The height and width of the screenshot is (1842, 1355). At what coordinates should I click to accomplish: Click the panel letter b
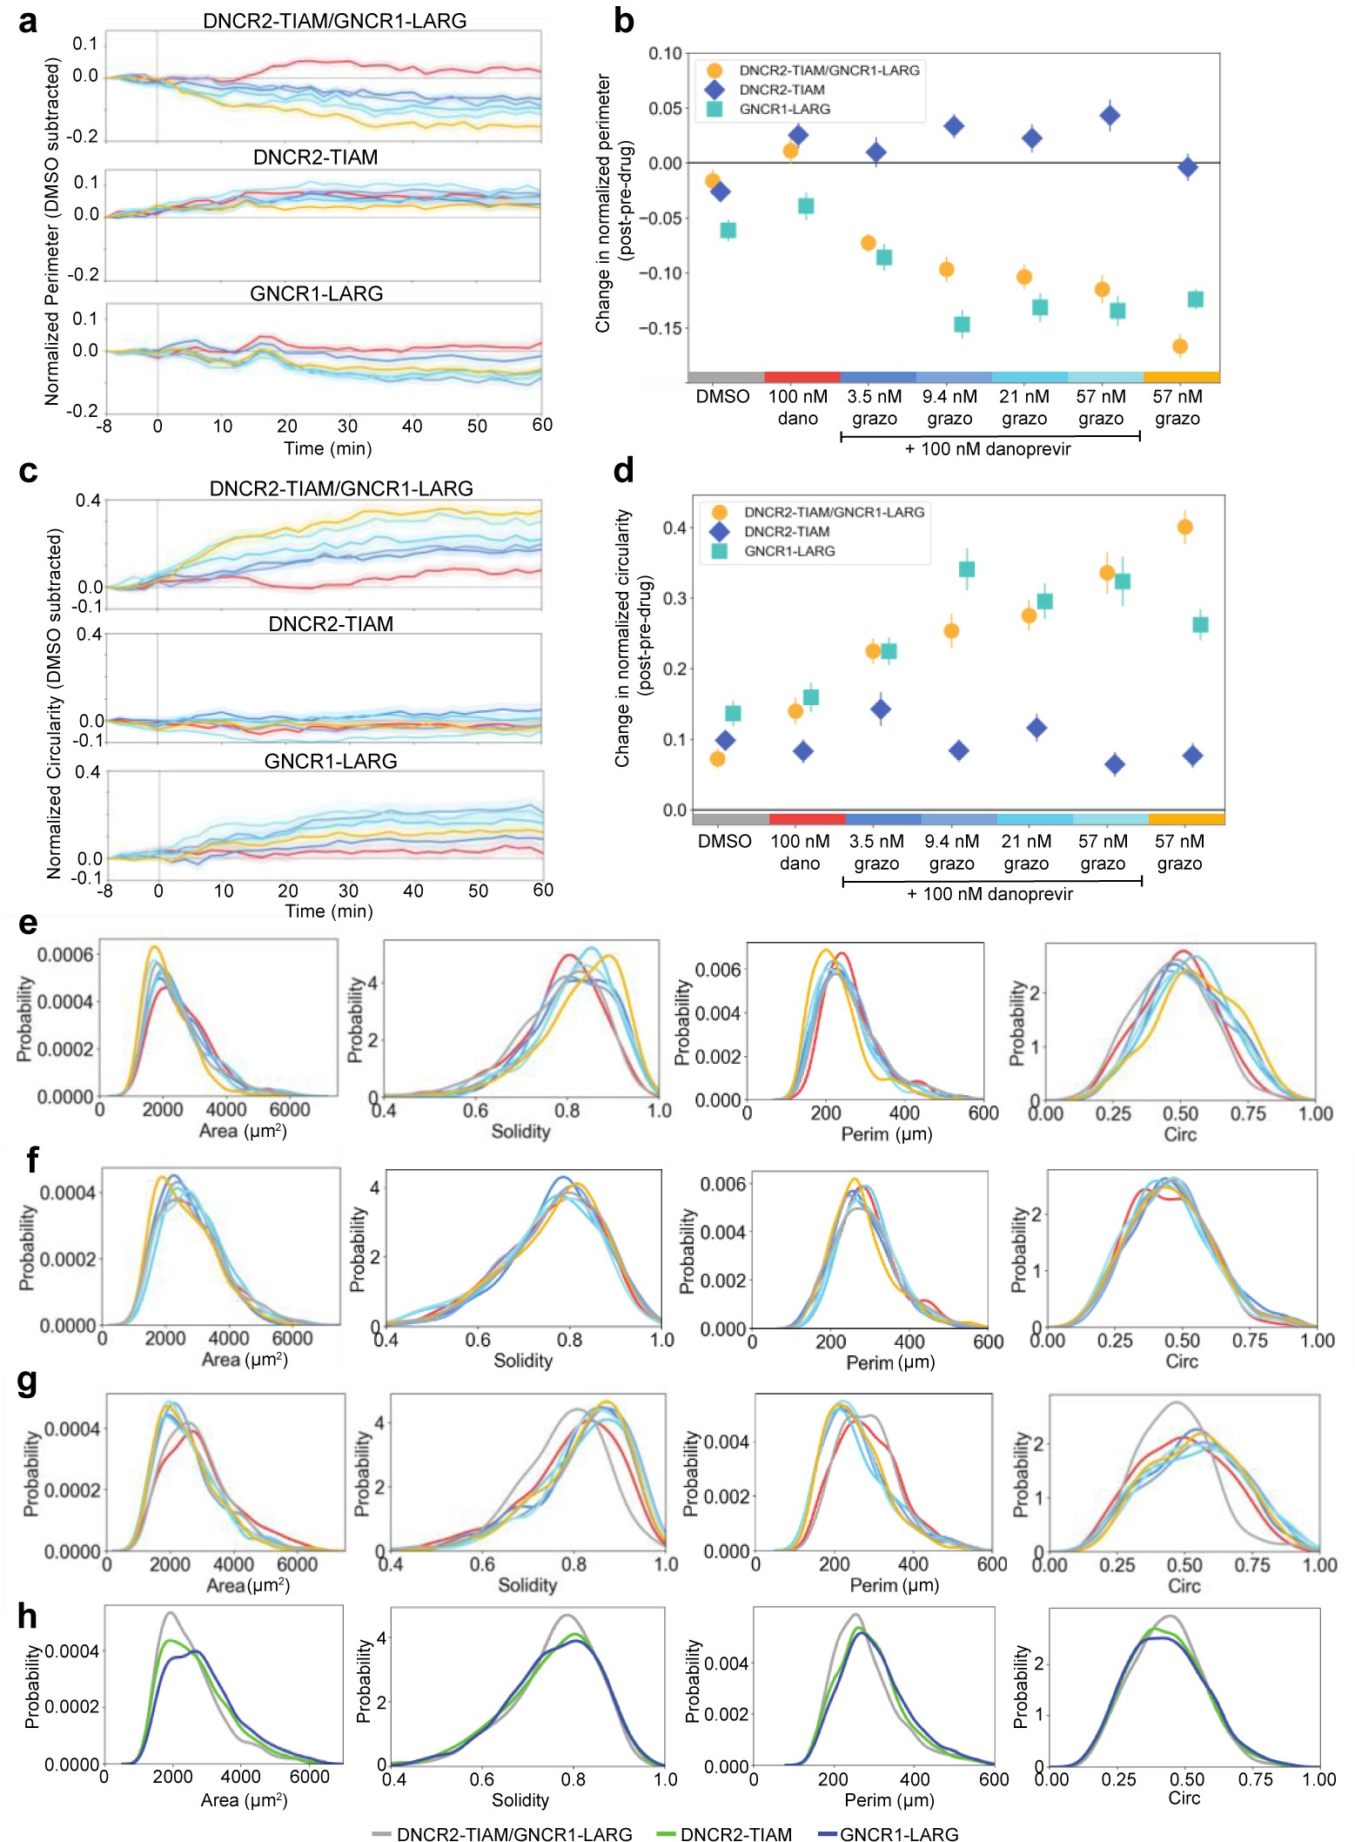point(623,21)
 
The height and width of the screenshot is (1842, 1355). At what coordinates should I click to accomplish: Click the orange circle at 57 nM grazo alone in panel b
point(1180,346)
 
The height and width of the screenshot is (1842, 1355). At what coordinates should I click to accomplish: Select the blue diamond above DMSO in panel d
point(725,741)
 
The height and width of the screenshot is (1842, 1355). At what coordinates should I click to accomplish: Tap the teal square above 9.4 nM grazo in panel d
point(966,569)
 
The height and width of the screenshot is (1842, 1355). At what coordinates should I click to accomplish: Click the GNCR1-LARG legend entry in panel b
point(784,109)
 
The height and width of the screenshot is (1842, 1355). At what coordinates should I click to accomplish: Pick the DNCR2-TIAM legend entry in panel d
point(786,532)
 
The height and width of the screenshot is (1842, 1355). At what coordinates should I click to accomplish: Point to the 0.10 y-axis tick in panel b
point(665,54)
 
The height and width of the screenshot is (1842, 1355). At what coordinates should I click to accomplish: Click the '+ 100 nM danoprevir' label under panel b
point(988,449)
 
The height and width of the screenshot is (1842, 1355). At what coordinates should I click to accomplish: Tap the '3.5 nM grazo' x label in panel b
point(875,407)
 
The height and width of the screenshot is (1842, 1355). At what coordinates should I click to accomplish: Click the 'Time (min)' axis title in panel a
point(327,448)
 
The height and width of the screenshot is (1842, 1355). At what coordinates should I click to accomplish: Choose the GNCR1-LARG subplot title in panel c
point(331,761)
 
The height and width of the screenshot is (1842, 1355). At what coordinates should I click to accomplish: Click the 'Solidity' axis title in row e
point(520,1132)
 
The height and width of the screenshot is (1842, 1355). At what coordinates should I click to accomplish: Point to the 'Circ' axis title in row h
point(1184,1798)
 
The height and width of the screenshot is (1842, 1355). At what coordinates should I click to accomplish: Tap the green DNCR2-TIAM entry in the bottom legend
point(735,1834)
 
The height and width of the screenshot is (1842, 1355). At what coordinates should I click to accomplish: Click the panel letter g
point(27,1383)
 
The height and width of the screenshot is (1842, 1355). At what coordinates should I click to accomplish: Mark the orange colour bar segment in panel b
point(1181,377)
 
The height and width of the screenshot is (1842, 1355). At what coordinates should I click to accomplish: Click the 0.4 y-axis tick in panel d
point(675,528)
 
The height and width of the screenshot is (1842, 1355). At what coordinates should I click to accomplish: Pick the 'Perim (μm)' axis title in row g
point(894,1585)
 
